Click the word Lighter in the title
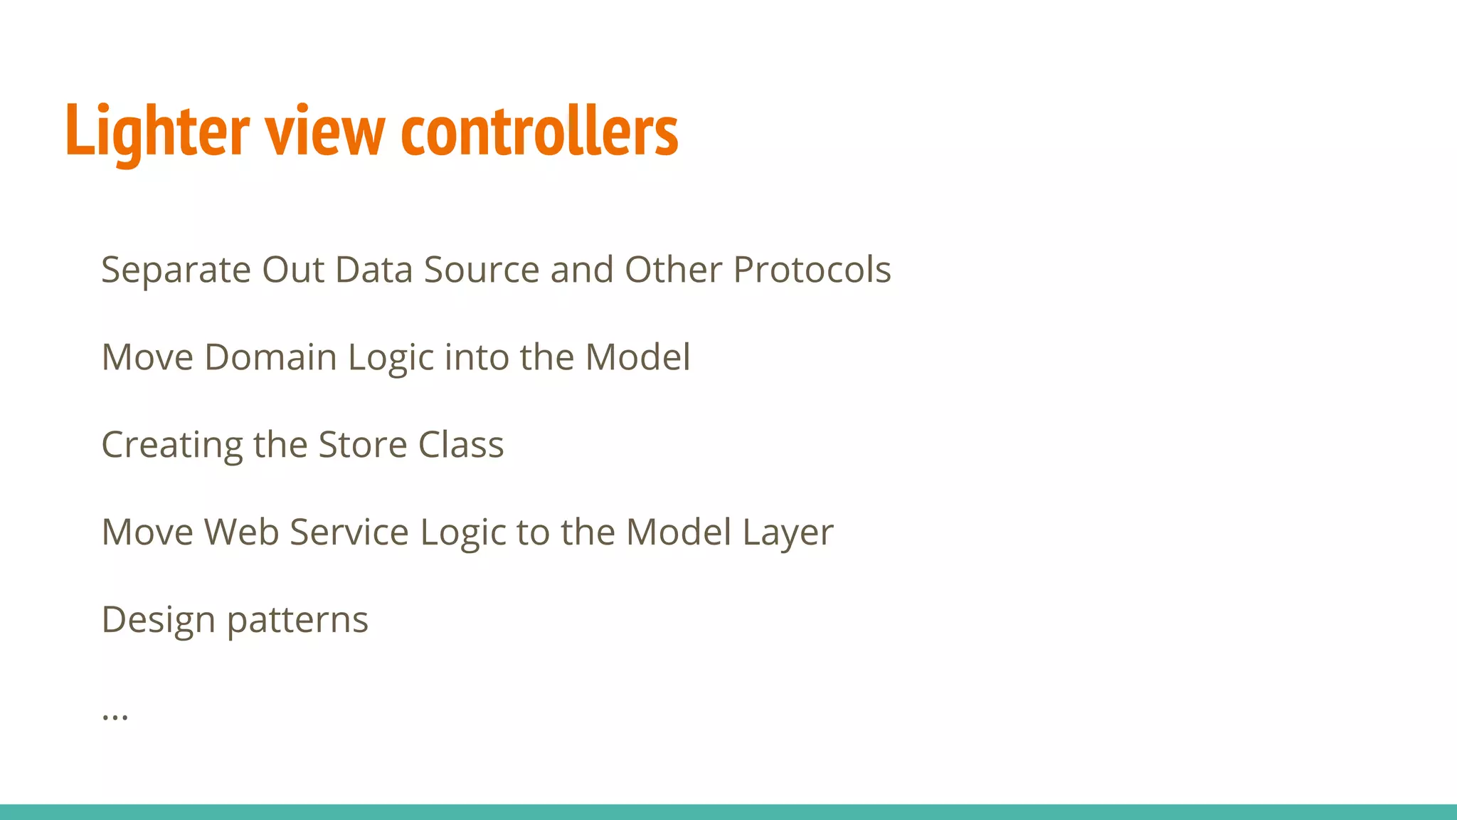(157, 132)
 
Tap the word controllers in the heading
(539, 132)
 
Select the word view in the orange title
(325, 132)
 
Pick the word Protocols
(812, 270)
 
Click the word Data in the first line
(373, 270)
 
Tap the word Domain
(270, 357)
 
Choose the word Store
(362, 445)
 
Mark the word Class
(461, 445)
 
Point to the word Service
(349, 532)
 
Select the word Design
(159, 620)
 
